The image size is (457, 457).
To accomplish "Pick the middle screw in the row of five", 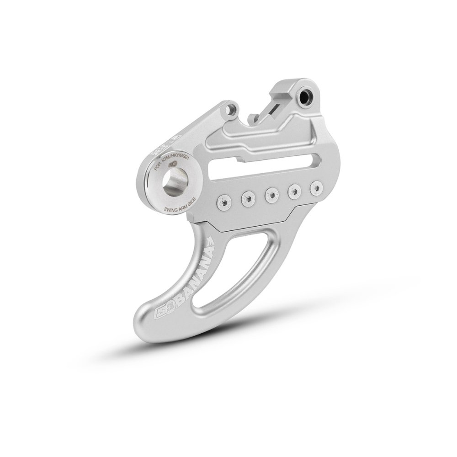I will pos(271,194).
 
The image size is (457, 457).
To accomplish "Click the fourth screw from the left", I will pos(293,191).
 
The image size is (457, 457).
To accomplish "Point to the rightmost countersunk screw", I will pos(314,188).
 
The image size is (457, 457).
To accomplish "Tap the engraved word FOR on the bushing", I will pos(159,166).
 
